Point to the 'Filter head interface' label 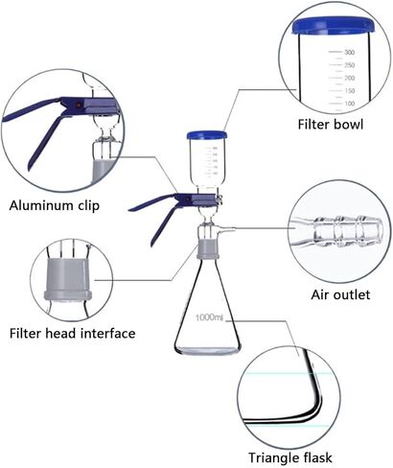point(72,334)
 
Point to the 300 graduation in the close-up point(348,53)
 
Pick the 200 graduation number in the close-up point(348,77)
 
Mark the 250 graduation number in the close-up point(348,65)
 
